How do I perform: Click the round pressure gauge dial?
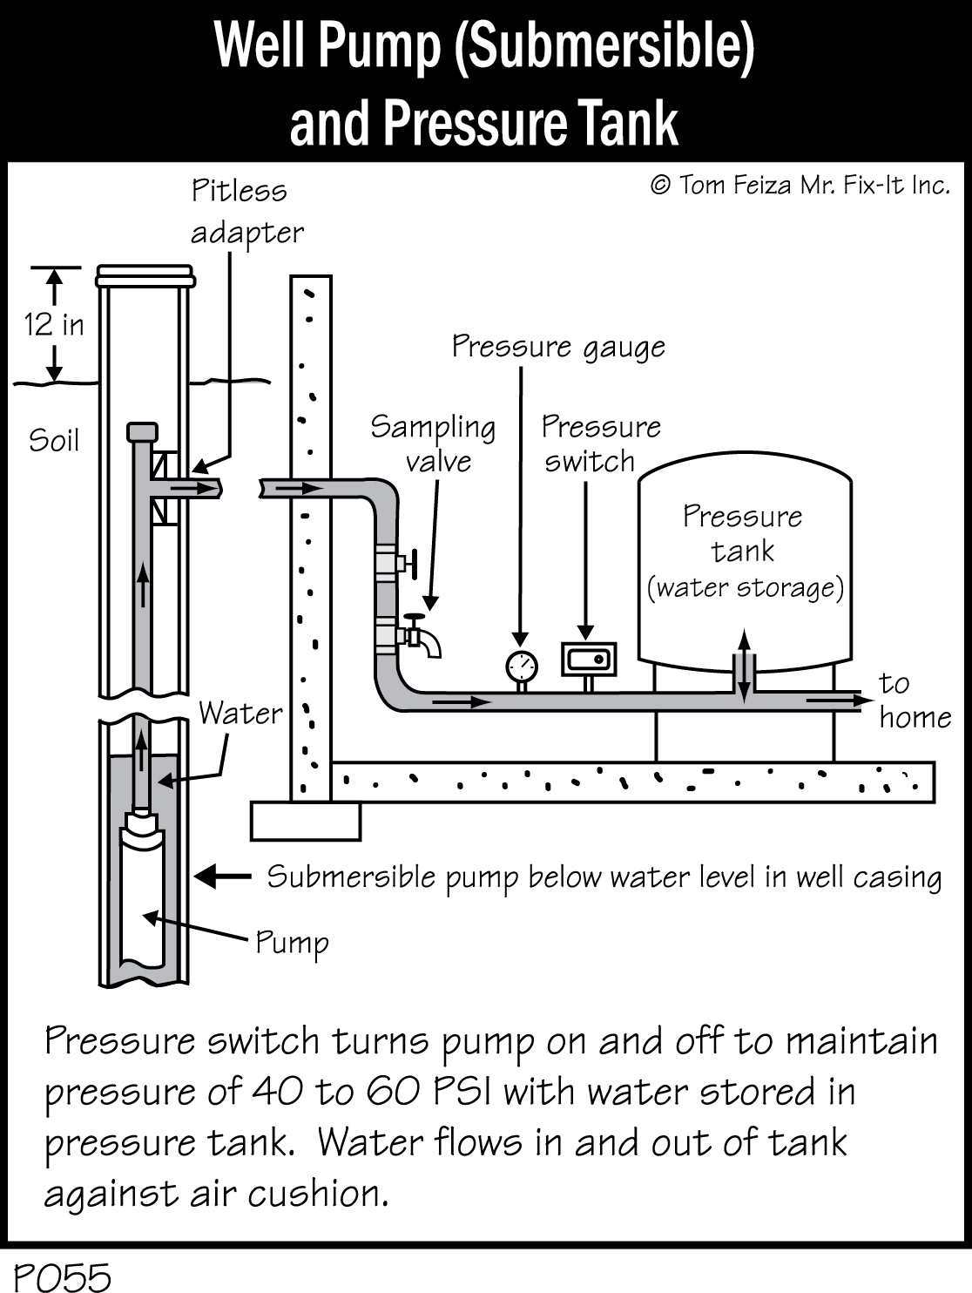[x=521, y=666]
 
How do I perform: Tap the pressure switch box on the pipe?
[x=589, y=660]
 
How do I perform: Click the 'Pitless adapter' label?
[x=246, y=212]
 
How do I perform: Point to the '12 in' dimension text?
[x=54, y=325]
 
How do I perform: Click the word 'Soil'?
[x=54, y=440]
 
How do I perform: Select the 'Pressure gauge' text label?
[x=558, y=347]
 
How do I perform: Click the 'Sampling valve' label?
[x=434, y=443]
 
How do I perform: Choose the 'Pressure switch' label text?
[x=600, y=443]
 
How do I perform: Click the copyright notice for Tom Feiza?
[x=799, y=186]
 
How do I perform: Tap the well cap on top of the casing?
[x=145, y=275]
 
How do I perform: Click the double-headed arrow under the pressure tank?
[x=743, y=666]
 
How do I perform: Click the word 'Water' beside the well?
[x=240, y=714]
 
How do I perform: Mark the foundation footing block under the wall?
[x=305, y=821]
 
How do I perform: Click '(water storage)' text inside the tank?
[x=745, y=588]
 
